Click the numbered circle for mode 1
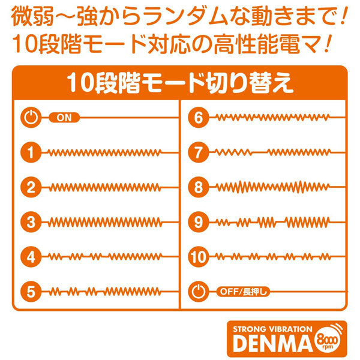pyautogui.click(x=31, y=152)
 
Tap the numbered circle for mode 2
pyautogui.click(x=31, y=187)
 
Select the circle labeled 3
pyautogui.click(x=31, y=222)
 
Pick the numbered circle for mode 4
pyautogui.click(x=31, y=257)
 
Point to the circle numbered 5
pyautogui.click(x=31, y=292)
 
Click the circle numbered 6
pyautogui.click(x=199, y=118)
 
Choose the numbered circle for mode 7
pyautogui.click(x=199, y=152)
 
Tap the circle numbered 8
pyautogui.click(x=199, y=187)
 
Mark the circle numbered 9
pyautogui.click(x=199, y=222)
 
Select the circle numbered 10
pyautogui.click(x=199, y=257)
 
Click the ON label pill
pyautogui.click(x=64, y=118)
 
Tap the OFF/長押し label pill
pyautogui.click(x=243, y=292)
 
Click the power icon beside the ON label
pyautogui.click(x=31, y=118)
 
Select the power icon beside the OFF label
pyautogui.click(x=199, y=292)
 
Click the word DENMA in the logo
pyautogui.click(x=272, y=343)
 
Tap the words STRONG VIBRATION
pyautogui.click(x=272, y=329)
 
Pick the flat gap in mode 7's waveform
pyautogui.click(x=260, y=152)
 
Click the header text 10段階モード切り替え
pyautogui.click(x=180, y=83)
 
